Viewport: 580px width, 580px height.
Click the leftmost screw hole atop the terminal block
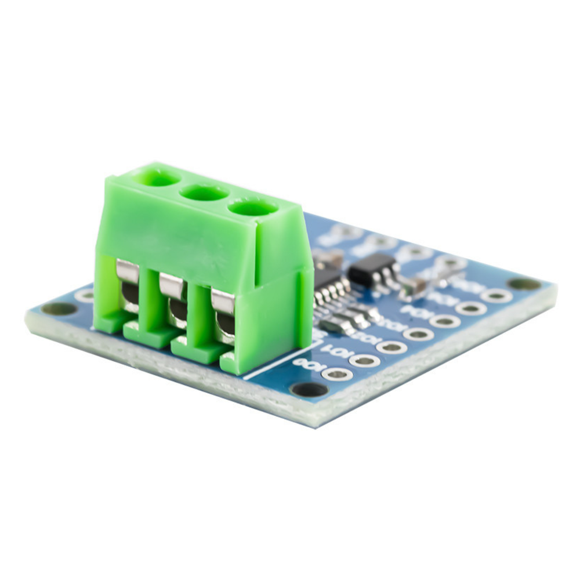[x=158, y=177]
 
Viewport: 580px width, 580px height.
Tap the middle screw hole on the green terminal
[x=204, y=193]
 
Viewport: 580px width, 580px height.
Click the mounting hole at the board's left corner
[x=59, y=309]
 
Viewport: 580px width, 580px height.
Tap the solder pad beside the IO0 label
[x=337, y=374]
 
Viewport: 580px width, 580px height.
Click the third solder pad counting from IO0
[x=391, y=347]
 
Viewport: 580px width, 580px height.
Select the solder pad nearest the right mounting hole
[x=496, y=295]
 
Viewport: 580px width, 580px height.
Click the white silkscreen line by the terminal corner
[x=273, y=365]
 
